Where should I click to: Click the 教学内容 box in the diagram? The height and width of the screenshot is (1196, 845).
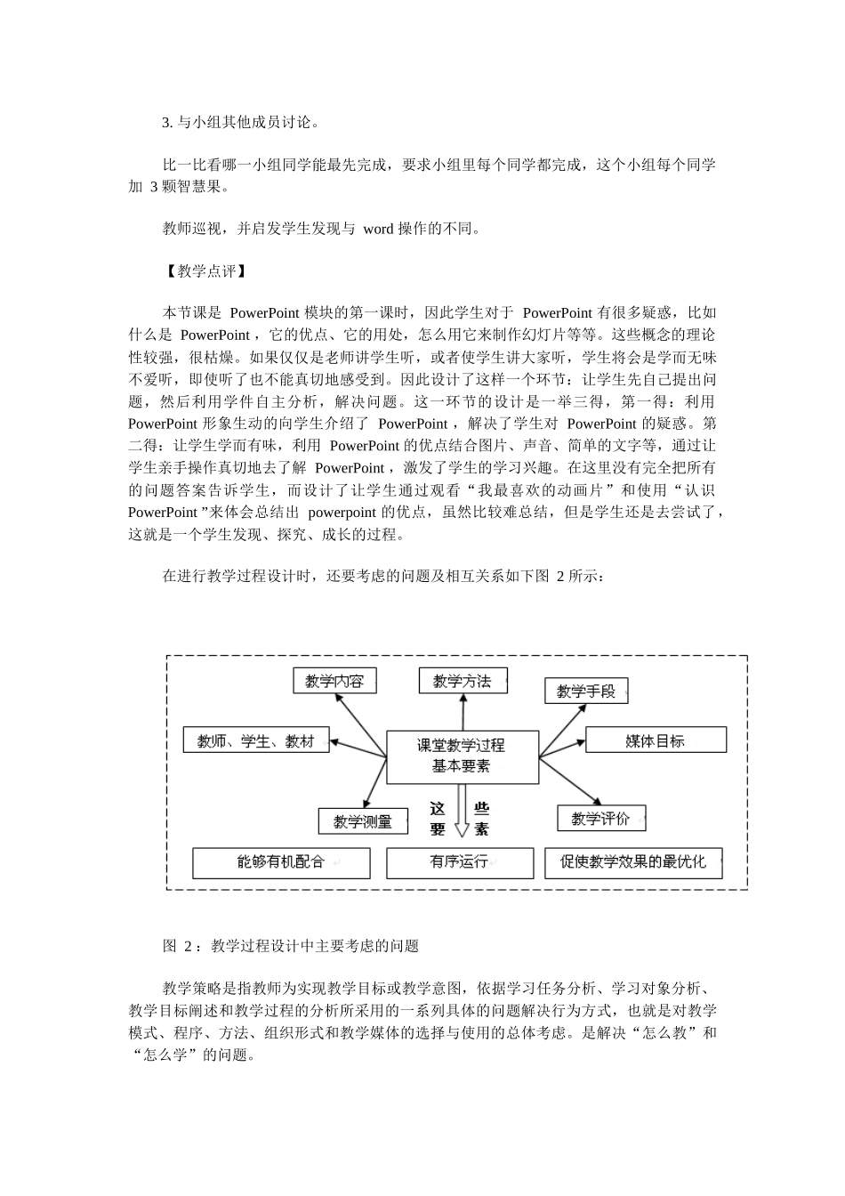pos(334,681)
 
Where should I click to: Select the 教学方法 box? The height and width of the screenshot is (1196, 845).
pos(462,681)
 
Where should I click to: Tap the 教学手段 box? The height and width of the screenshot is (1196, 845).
pos(586,691)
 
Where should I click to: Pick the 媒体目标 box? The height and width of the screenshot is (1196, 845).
pos(656,739)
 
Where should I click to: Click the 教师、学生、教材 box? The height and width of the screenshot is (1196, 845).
pos(256,740)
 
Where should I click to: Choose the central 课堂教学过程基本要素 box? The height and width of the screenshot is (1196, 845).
pos(463,756)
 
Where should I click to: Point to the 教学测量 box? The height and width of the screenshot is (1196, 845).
pos(363,821)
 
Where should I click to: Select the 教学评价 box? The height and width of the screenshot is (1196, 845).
pos(600,818)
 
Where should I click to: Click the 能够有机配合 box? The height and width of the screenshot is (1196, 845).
pos(281,862)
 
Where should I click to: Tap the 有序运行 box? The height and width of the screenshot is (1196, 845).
pos(460,862)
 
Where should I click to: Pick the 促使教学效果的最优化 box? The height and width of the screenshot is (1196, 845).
pos(632,862)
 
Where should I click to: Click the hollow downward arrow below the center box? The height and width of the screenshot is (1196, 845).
pos(461,815)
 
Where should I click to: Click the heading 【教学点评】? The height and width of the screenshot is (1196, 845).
pos(201,271)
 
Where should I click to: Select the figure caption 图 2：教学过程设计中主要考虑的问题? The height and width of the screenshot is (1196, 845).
pos(290,946)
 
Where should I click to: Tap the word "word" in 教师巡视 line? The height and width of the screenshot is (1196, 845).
pos(378,229)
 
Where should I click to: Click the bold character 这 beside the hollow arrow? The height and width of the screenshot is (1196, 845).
pos(438,809)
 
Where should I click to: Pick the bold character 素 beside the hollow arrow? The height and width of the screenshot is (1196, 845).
pos(481,829)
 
